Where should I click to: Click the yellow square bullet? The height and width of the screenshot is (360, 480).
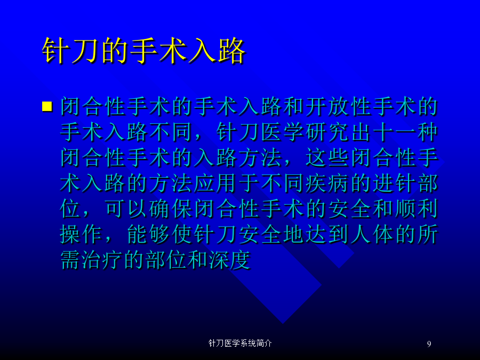47,107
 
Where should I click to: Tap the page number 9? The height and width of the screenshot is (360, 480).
429,344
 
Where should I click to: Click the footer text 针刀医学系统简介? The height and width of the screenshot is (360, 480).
240,343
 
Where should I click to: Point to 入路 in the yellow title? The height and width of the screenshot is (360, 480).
217,51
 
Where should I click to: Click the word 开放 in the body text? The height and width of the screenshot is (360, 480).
326,107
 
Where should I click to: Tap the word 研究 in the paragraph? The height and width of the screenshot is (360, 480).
326,133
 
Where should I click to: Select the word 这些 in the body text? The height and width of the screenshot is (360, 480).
326,158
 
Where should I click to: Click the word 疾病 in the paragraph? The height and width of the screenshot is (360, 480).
326,183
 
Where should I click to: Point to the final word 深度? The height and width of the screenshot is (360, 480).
229,260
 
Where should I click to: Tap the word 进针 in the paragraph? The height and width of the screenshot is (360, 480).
394,183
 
